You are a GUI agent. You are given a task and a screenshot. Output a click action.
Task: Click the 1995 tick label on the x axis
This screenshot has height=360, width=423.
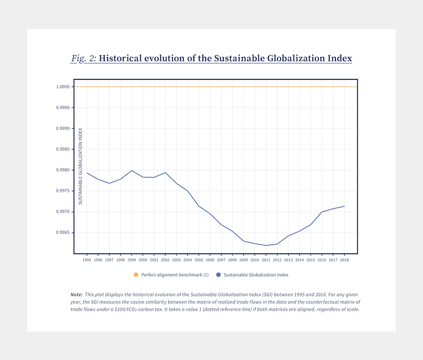(x=87, y=260)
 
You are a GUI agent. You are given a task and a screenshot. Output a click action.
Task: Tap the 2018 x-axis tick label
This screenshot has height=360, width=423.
(x=344, y=260)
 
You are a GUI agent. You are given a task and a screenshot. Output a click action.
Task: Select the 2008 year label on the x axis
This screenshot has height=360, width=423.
(x=232, y=260)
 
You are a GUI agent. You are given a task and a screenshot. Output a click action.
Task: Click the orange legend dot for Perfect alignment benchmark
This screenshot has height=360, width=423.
(x=136, y=275)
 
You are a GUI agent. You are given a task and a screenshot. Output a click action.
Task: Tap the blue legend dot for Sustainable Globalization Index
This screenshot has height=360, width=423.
(x=218, y=275)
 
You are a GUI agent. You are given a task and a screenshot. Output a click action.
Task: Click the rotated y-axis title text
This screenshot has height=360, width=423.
(x=81, y=166)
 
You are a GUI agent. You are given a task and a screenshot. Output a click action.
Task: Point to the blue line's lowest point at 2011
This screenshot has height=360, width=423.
(x=266, y=246)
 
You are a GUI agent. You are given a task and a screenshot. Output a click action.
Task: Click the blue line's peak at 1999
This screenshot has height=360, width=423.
(x=132, y=170)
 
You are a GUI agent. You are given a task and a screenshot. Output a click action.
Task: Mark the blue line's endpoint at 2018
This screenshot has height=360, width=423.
(x=344, y=206)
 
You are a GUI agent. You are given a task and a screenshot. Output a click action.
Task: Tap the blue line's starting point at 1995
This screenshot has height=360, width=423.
(x=87, y=173)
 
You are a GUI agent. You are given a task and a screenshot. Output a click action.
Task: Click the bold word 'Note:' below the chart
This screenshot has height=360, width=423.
(x=76, y=294)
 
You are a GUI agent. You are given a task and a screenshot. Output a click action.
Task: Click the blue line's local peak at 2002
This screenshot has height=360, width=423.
(x=165, y=172)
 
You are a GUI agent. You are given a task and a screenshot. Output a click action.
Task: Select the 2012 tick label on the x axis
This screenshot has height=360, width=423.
(x=277, y=260)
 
